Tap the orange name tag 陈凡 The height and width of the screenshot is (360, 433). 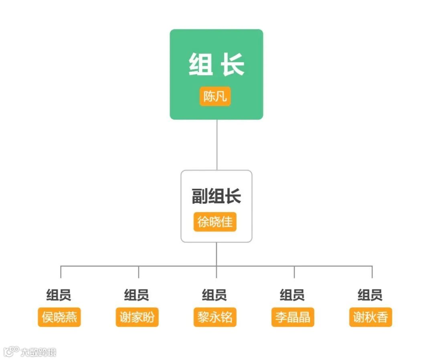(215, 97)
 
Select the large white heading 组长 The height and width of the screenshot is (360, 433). (216, 65)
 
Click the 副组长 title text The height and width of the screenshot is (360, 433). (216, 196)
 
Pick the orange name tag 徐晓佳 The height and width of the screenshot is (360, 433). (215, 222)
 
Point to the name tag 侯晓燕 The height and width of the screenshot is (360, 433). (59, 317)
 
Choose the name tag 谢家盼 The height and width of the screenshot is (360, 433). (137, 317)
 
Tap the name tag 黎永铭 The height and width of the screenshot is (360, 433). (215, 317)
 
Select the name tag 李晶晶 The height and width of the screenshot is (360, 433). (293, 317)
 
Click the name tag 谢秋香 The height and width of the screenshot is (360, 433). (370, 317)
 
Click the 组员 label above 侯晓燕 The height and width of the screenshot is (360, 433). (59, 295)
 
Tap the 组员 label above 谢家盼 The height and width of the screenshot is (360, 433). (137, 295)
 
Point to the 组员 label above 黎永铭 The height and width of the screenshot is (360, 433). (214, 295)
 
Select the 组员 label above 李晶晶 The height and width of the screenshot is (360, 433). (292, 295)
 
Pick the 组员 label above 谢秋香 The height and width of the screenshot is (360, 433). (370, 295)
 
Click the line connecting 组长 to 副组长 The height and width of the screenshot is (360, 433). (217, 144)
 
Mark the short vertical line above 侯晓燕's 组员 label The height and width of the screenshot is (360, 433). (61, 272)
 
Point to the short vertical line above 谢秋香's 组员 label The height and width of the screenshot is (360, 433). (372, 272)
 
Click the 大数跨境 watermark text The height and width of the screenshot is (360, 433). (38, 352)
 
